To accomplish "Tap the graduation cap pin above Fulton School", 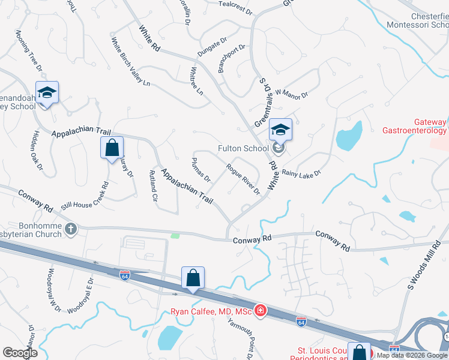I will pyautogui.click(x=280, y=129).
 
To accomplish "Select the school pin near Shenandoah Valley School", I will pyautogui.click(x=47, y=93).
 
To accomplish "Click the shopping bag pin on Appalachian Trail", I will pyautogui.click(x=112, y=148).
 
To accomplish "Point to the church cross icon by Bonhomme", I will pyautogui.click(x=71, y=228).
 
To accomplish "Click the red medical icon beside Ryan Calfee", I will pyautogui.click(x=260, y=310).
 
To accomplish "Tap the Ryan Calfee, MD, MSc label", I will pyautogui.click(x=209, y=311).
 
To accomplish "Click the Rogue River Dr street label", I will pyautogui.click(x=243, y=179).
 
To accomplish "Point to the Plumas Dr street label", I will pyautogui.click(x=200, y=170).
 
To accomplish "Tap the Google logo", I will pyautogui.click(x=20, y=352).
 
